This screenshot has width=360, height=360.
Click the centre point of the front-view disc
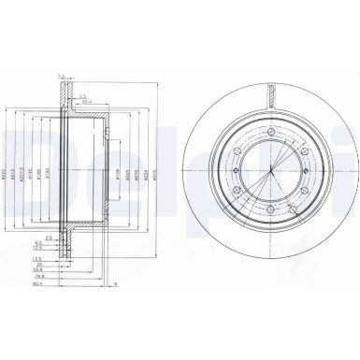click(x=269, y=175)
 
